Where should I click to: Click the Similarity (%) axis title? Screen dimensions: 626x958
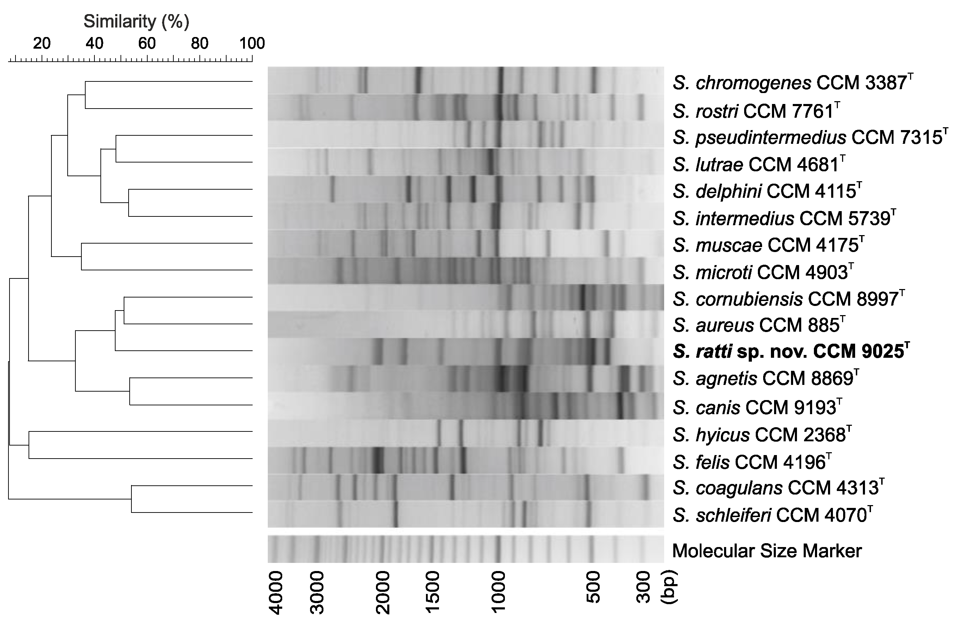click(x=136, y=22)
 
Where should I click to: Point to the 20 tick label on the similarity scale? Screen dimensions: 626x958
click(x=42, y=43)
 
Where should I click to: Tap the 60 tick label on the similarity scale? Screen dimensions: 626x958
click(x=147, y=43)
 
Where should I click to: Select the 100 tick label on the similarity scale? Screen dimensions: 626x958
click(x=252, y=43)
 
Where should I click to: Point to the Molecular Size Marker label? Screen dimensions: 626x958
click(x=766, y=551)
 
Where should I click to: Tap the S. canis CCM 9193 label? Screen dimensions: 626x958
click(x=757, y=407)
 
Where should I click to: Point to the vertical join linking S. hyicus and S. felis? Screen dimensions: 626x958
click(x=29, y=445)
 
